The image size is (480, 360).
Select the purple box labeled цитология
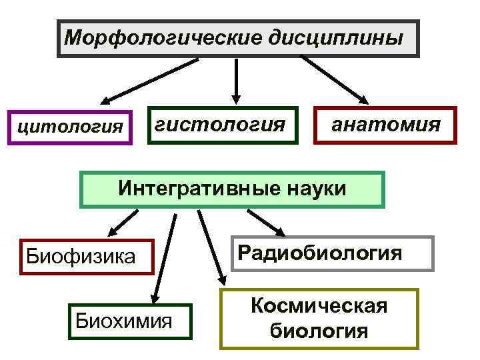click(x=70, y=126)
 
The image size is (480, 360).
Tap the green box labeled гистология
click(x=221, y=125)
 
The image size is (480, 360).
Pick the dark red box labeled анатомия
click(x=386, y=125)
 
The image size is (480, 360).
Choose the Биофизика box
click(x=87, y=255)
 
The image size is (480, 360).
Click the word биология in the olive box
click(x=319, y=331)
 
